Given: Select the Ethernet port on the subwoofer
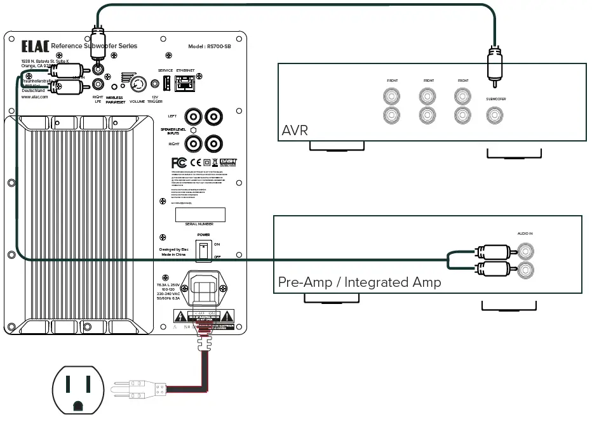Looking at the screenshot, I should (185, 82).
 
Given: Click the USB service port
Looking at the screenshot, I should (165, 82).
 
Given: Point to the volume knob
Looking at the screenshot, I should (138, 84).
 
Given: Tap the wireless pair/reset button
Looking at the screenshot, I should (114, 86).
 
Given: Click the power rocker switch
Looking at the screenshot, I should (203, 250).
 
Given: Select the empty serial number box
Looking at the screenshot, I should (201, 214).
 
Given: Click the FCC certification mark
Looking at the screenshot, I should (178, 162).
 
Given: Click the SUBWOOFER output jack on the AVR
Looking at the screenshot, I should (495, 115).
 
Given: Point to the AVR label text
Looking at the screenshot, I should (294, 131).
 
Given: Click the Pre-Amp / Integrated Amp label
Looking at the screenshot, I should (360, 282).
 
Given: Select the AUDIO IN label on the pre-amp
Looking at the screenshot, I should (525, 234).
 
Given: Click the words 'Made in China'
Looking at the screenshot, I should (174, 255).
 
